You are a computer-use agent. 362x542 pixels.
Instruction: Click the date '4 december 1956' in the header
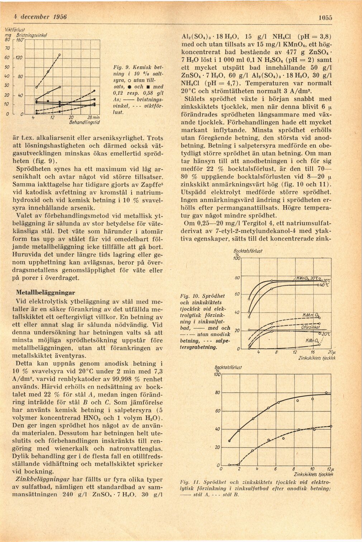point(40,17)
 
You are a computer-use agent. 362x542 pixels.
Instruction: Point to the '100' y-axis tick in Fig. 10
point(236,259)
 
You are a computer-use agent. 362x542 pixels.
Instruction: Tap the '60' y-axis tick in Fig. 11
point(217,411)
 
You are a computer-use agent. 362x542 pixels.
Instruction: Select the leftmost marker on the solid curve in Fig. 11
point(230,441)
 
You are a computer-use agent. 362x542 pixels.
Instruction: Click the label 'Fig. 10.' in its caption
point(190,296)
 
